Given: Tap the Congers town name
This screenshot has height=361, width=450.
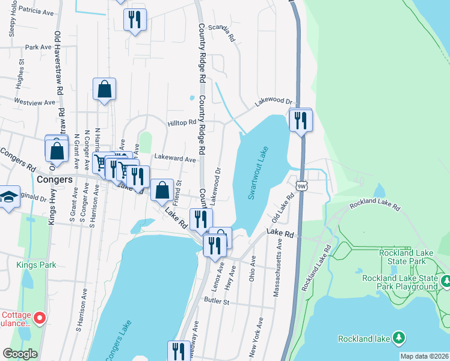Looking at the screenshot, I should (x=55, y=179).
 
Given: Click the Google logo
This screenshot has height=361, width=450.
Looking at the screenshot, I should (x=20, y=354).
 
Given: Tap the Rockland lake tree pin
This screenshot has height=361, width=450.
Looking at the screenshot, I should (x=398, y=338).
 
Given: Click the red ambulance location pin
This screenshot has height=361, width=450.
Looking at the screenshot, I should (x=40, y=318).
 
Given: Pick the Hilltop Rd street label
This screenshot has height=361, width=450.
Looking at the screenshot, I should (x=182, y=122).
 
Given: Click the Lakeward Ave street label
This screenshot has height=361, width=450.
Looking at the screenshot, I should (x=175, y=159).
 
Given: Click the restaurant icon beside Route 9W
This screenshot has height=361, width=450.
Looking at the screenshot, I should (x=300, y=120).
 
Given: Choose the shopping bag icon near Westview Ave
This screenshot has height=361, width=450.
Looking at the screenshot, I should (x=105, y=89).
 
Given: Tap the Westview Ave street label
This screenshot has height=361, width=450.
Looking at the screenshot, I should (x=35, y=102).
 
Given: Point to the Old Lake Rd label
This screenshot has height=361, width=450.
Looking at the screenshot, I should (x=283, y=207).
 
